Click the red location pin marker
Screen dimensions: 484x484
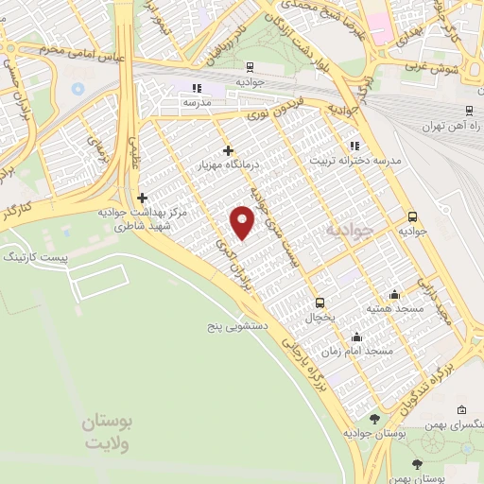244,222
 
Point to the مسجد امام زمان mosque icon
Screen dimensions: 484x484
355,337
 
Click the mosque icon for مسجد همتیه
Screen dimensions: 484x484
394,295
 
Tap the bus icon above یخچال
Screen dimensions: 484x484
320,303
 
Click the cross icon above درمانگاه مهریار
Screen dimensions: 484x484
228,149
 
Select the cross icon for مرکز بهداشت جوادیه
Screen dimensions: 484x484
142,198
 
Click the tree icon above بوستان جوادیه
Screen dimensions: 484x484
375,419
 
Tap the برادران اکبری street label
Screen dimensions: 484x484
238,264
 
